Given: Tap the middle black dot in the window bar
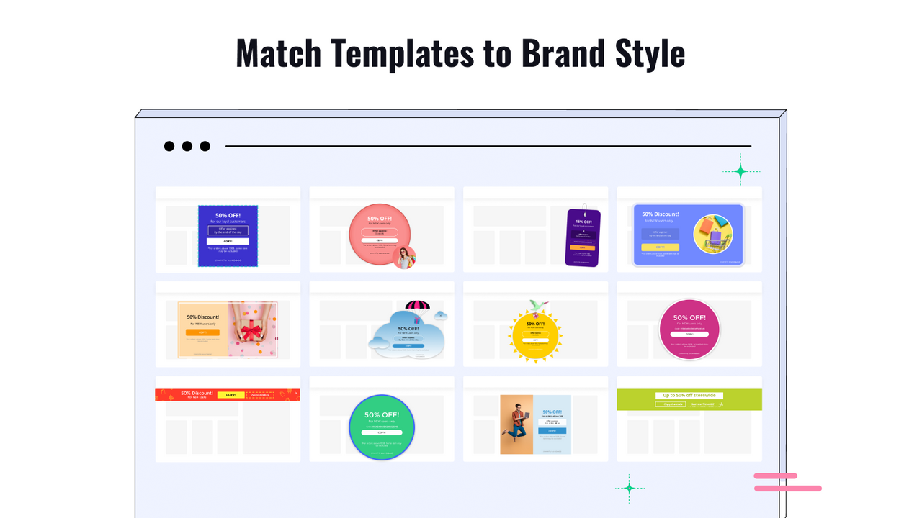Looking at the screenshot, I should (187, 147).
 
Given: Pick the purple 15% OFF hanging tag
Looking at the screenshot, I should (583, 238).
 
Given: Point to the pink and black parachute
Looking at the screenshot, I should (417, 308).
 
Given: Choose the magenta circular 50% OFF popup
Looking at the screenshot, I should (689, 329).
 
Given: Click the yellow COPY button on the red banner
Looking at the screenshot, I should (230, 395).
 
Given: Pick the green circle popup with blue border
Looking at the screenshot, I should (382, 427).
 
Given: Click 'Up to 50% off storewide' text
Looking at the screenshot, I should (689, 396).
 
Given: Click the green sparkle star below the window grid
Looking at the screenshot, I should (629, 488).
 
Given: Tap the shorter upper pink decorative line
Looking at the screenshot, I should (775, 476).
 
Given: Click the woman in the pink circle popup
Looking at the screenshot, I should (404, 257).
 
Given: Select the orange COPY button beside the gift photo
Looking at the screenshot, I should (202, 332).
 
